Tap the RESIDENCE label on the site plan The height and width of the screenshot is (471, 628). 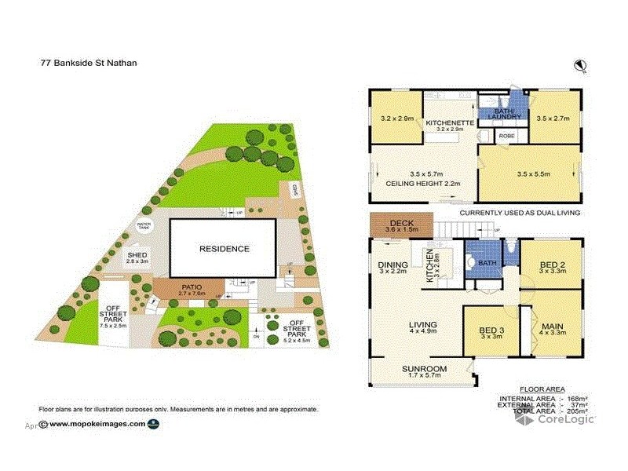pos(224,249)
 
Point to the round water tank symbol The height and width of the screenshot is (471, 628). pos(144,226)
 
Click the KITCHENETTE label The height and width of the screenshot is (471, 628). pos(449,124)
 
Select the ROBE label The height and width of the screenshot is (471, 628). pos(506,135)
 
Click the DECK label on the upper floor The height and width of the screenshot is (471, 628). pos(402,224)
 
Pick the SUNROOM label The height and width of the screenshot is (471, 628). pos(424,370)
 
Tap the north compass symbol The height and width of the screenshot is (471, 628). pos(581,65)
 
